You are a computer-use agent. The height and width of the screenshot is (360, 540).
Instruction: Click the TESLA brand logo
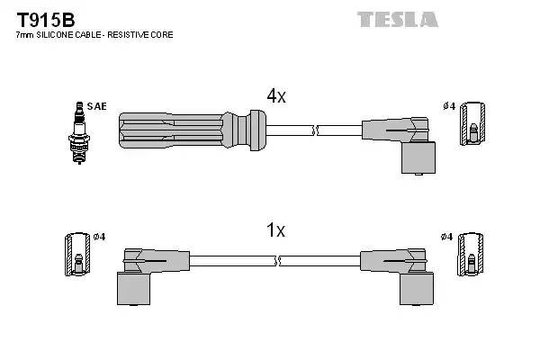pos(397,19)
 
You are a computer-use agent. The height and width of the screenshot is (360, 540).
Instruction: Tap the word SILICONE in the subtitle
pos(64,35)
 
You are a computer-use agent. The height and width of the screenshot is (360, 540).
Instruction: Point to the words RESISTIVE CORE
pos(143,35)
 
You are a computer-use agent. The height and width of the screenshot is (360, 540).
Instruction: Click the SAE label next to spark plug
pos(96,106)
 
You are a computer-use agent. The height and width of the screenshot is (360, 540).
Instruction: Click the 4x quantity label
pos(275,96)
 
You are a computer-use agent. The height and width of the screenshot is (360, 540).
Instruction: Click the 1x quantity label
pos(275,231)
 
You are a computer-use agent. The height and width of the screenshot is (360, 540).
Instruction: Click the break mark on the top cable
pos(314,131)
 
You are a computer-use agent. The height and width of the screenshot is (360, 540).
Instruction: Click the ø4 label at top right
pos(449,107)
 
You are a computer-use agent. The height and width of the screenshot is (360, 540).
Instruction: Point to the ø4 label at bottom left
pos(99,237)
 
